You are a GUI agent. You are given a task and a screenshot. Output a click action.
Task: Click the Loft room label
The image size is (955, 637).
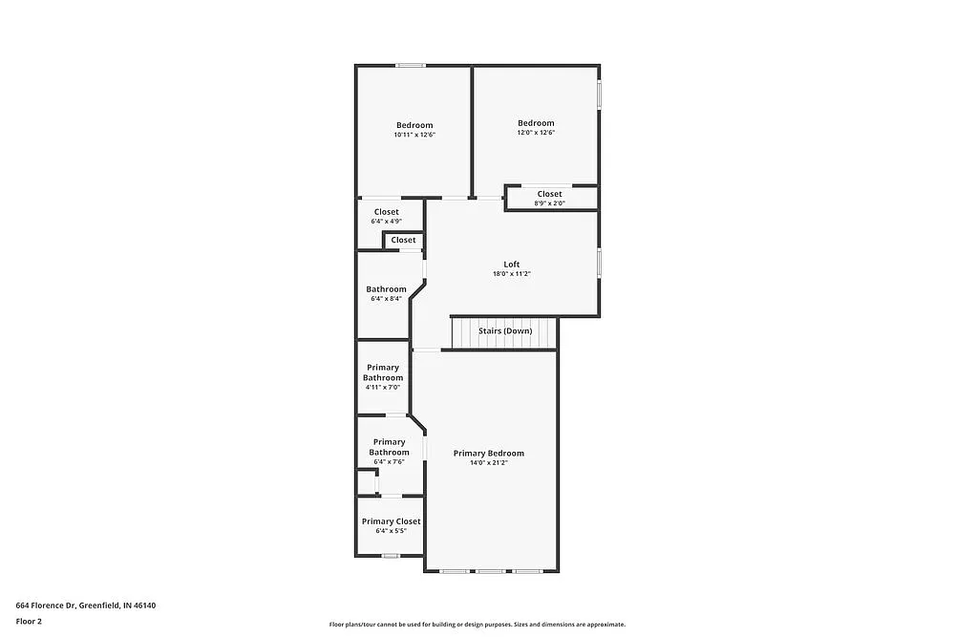click(x=512, y=264)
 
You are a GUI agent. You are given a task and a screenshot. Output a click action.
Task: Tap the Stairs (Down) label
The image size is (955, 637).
click(x=505, y=330)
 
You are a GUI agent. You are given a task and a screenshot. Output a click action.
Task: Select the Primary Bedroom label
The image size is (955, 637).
click(x=488, y=453)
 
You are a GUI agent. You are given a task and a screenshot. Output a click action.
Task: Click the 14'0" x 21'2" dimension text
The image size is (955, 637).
click(x=488, y=463)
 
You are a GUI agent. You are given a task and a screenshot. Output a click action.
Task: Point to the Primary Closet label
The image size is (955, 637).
click(x=391, y=521)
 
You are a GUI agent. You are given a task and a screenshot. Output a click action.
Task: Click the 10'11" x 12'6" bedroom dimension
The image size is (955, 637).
click(x=414, y=136)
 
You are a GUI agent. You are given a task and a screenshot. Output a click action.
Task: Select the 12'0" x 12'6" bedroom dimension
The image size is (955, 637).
click(x=536, y=133)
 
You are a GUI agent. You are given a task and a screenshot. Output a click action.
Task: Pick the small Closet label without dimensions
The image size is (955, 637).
click(x=403, y=240)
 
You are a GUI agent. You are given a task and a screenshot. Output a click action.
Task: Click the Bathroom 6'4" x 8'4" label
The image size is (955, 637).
click(x=386, y=289)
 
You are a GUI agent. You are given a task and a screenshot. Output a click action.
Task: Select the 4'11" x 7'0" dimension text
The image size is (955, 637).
click(x=382, y=388)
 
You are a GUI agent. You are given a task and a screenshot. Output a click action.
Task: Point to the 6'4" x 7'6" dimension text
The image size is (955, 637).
click(x=389, y=462)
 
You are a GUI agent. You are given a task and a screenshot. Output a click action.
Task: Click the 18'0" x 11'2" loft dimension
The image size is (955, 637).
click(x=512, y=274)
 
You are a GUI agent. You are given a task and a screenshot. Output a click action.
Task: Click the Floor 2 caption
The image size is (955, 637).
click(x=29, y=621)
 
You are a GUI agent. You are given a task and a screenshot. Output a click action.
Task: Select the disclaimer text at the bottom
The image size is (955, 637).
click(x=477, y=624)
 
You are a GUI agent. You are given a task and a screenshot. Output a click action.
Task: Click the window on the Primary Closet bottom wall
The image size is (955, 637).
click(x=390, y=556)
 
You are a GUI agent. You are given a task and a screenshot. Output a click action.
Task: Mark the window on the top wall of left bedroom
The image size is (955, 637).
click(x=411, y=65)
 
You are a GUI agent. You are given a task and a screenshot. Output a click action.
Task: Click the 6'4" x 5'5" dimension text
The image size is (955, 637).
click(x=391, y=531)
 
